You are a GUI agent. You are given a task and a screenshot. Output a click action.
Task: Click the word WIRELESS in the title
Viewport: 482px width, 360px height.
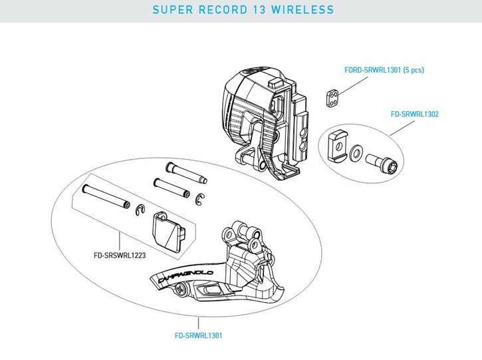coord(299,11)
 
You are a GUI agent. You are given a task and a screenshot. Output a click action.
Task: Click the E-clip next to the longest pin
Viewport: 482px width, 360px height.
coord(140,211)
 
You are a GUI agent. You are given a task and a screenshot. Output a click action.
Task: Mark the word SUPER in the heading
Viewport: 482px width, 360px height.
coord(169,11)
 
